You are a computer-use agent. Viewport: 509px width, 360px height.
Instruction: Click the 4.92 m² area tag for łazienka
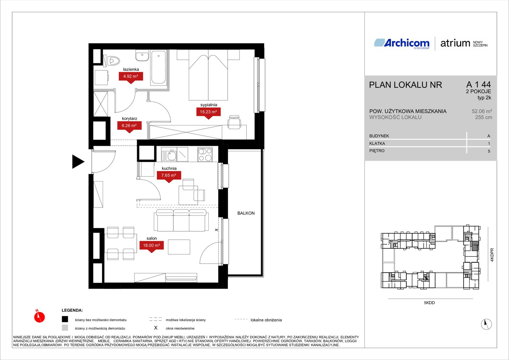point(131,76)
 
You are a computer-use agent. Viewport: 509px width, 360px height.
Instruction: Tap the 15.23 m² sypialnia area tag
point(208,112)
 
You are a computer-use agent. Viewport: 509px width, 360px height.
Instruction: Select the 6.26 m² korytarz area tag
point(129,125)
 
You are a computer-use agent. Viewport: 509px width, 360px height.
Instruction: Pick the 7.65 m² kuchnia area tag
point(169,175)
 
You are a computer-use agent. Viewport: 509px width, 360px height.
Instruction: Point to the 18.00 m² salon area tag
point(151,245)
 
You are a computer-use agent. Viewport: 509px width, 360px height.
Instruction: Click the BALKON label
point(246,213)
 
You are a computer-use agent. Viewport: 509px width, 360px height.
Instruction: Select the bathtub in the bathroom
point(159,67)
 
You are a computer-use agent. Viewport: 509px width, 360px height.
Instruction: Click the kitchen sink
point(169,155)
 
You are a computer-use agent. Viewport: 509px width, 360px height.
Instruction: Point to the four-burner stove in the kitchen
point(205,155)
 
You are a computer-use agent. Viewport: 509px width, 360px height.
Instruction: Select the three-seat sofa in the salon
point(181,220)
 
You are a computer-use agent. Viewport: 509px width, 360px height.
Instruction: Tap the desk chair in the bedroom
point(234,122)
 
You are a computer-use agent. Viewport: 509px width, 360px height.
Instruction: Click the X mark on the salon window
point(216,230)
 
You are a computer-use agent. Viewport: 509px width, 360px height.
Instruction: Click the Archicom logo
point(402,43)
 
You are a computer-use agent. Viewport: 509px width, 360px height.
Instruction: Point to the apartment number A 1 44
point(478,85)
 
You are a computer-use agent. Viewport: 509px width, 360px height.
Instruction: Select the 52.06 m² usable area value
point(482,111)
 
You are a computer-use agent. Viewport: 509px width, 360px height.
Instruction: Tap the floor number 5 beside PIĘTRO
point(489,151)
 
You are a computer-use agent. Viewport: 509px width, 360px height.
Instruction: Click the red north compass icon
point(39,316)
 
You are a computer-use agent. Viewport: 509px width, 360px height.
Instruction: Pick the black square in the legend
point(65,319)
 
